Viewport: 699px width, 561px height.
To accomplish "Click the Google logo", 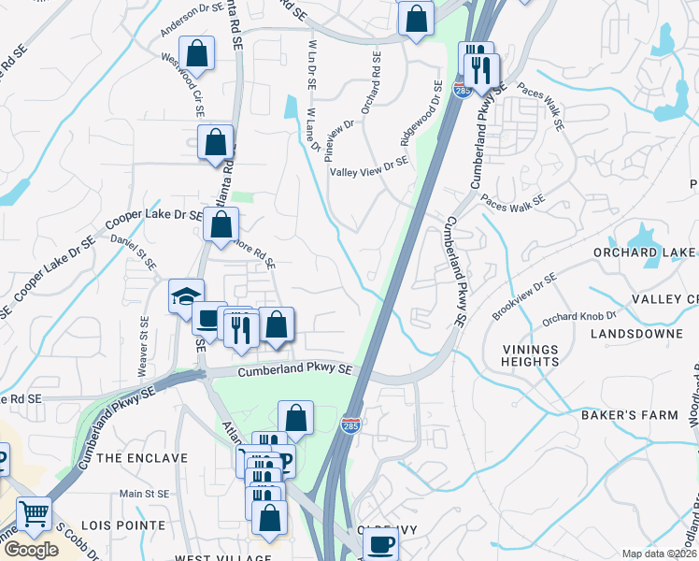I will pyautogui.click(x=31, y=550).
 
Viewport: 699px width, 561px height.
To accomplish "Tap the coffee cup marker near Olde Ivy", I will pyautogui.click(x=380, y=544).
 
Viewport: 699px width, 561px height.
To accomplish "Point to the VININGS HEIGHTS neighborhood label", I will pyautogui.click(x=530, y=356).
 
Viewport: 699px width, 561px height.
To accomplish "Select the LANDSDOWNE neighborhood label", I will pyautogui.click(x=616, y=331).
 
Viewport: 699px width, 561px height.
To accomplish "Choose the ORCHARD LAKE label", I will pyautogui.click(x=645, y=252).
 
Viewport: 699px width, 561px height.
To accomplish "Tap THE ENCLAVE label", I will pyautogui.click(x=142, y=458).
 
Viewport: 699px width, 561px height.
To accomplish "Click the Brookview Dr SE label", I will pyautogui.click(x=523, y=296).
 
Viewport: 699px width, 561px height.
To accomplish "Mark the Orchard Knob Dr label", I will pyautogui.click(x=579, y=318).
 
